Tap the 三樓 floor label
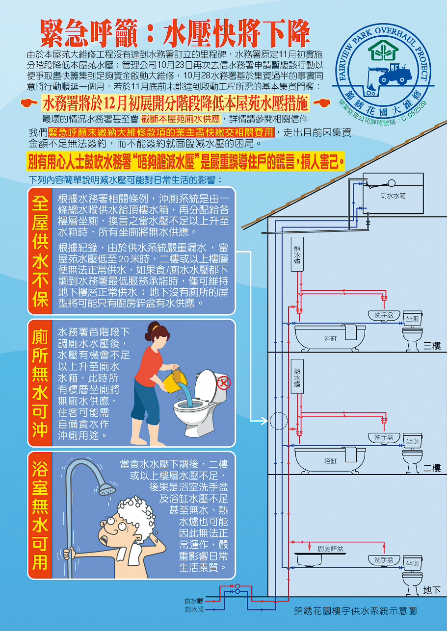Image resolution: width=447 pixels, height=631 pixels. point(432,346)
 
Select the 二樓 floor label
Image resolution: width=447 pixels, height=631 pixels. point(432,468)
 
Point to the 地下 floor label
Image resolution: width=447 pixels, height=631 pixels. point(432,590)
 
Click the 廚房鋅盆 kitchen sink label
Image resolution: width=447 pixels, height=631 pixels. point(330,548)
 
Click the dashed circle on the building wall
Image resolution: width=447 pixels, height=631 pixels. point(278,421)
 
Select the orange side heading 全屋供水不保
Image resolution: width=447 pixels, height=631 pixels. point(40,251)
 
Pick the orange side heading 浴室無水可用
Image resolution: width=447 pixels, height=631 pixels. point(40,515)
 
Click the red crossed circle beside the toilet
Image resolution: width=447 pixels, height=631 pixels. point(224,381)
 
